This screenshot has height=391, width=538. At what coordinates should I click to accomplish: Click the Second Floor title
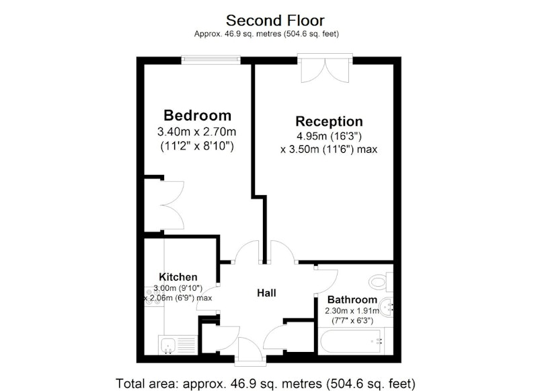pos(275,21)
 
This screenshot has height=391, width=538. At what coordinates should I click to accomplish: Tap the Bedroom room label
pos(197,115)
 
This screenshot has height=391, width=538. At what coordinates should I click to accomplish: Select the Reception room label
pos(329,122)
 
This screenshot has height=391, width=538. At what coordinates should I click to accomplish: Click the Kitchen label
pos(178,277)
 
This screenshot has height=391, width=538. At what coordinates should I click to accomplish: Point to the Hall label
pos(266,293)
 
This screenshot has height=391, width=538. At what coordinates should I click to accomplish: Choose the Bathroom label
pos(352,299)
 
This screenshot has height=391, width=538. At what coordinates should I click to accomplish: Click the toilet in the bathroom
pos(381,282)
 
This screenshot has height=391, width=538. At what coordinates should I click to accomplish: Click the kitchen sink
pos(178,345)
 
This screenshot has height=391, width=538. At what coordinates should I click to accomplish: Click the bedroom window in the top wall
pos(211,60)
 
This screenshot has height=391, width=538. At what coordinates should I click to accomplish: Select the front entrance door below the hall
pos(251,349)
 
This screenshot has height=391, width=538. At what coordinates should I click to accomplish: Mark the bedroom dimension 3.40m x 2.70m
pos(196,131)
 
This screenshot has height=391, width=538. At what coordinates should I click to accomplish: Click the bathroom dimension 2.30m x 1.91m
pos(352,311)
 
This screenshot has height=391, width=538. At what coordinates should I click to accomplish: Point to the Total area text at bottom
pos(266,383)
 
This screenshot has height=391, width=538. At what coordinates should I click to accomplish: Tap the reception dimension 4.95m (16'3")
pos(329,137)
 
